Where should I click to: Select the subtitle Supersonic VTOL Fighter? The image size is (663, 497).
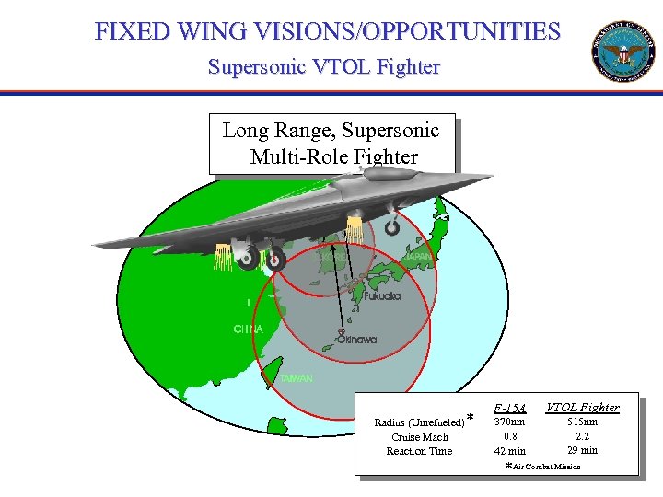pos(324,67)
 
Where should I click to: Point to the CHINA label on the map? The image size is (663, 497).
pos(248,329)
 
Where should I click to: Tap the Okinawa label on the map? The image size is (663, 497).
pos(357,340)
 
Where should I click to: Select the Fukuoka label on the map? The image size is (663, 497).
pos(382,296)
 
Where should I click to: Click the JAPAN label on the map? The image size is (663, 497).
pos(416,256)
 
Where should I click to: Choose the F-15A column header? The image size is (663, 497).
pos(509,408)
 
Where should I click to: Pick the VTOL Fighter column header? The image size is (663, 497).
pos(582,407)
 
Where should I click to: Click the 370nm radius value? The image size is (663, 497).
pos(509,422)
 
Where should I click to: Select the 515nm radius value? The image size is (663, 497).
pos(582,422)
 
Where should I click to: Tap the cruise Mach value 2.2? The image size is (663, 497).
pos(582,436)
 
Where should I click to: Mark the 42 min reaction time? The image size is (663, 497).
pos(509,451)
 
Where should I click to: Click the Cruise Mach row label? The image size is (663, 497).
pos(420,437)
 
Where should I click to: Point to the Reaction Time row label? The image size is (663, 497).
pos(419,451)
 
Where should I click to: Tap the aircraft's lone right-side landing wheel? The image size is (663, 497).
pos(393,225)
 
